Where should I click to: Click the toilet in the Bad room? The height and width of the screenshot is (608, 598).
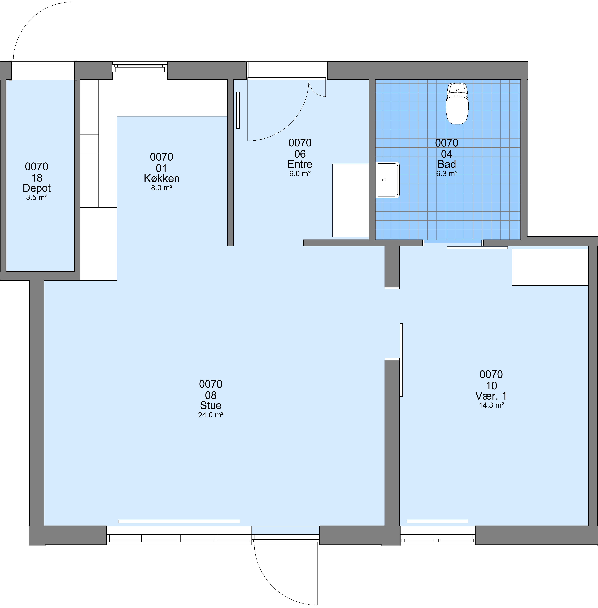point(457,104)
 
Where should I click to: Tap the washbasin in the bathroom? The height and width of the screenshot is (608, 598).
point(387,180)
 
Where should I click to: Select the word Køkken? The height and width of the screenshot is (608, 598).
point(162,178)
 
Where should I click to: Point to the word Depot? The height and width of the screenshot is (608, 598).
point(37,188)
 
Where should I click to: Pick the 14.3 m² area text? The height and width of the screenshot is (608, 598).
point(492,405)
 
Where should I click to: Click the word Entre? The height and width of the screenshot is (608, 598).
point(300,164)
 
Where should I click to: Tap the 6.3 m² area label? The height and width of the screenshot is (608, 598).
point(447,174)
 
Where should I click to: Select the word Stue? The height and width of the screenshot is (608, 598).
point(211,405)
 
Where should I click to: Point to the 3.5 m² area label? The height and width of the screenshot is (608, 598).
point(37,197)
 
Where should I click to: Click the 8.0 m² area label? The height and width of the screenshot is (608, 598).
point(162,188)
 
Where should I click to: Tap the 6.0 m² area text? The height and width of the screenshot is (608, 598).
point(300,174)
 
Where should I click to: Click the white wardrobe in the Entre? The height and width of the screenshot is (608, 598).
point(351,200)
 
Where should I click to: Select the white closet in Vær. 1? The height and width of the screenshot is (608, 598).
point(550,267)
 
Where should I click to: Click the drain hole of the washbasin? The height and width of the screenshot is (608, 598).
point(384,180)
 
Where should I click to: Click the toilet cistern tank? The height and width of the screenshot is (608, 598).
point(457,89)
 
